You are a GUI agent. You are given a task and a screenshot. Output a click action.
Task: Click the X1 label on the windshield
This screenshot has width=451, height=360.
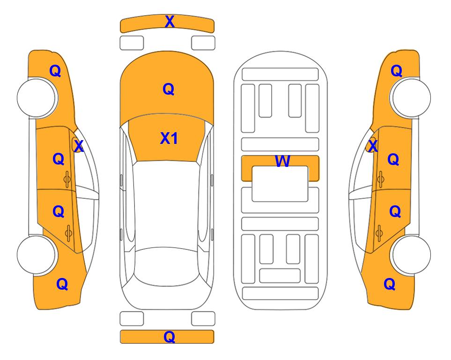(169, 138)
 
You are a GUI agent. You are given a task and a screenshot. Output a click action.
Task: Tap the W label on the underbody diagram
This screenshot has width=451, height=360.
(282, 161)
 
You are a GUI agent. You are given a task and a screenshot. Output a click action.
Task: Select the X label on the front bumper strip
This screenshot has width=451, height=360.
(170, 22)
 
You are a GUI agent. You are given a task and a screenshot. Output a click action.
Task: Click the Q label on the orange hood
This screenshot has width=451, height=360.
(169, 89)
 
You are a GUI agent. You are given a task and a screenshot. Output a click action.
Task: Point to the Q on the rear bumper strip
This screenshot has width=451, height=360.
(169, 337)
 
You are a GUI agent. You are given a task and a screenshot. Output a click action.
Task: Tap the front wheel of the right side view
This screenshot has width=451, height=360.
(411, 98)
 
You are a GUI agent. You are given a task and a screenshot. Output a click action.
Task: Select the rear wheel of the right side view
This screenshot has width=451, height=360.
(411, 255)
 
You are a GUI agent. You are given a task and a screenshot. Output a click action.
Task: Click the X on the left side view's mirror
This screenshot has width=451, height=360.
(78, 146)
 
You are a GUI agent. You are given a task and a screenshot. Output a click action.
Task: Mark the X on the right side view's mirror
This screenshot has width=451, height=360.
(373, 146)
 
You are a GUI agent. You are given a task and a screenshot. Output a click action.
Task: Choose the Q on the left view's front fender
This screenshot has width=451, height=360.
(55, 71)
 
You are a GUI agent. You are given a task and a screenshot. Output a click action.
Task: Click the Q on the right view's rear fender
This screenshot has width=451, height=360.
(390, 284)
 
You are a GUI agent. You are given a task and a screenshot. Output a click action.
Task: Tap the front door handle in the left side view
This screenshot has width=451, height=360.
(67, 180)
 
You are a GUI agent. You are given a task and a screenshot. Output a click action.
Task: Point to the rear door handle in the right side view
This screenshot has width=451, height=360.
(379, 233)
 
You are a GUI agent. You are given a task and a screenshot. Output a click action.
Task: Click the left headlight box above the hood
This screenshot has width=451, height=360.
(132, 43)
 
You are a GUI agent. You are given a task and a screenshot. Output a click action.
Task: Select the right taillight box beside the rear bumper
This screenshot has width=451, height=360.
(203, 319)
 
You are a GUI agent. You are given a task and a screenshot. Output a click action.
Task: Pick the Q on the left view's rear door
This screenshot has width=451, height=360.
(59, 212)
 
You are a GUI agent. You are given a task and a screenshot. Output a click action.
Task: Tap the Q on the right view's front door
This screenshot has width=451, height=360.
(393, 159)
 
